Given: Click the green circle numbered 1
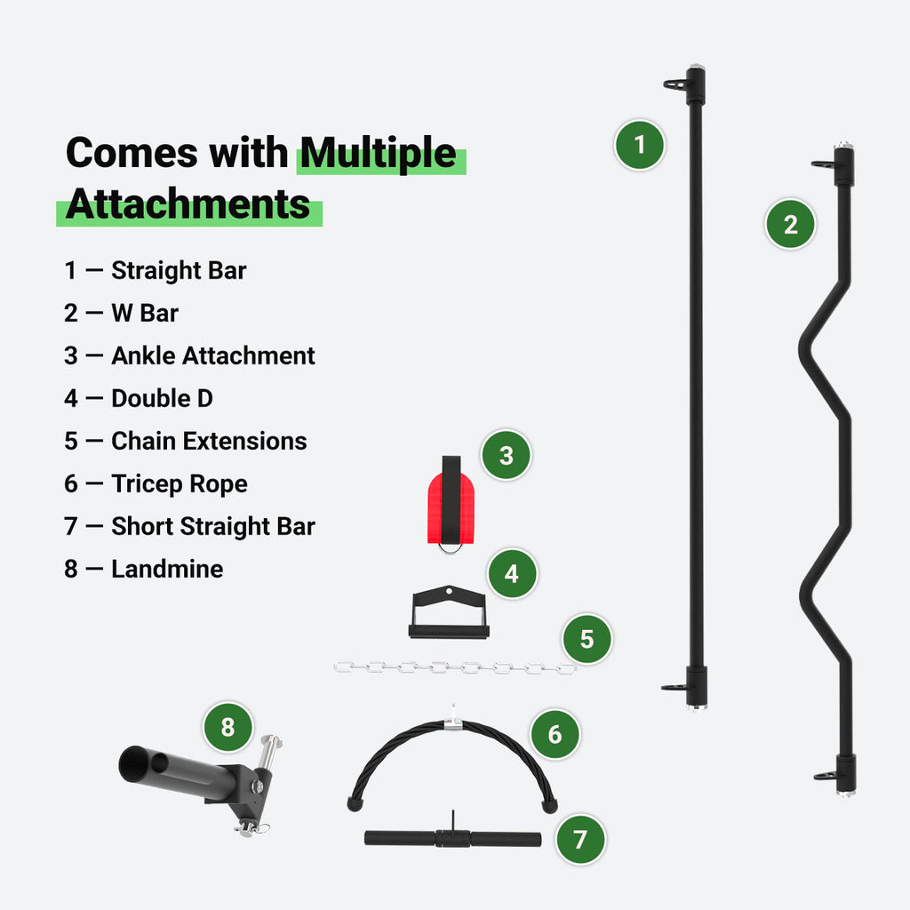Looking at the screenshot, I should point(640,144).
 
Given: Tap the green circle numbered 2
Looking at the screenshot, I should point(791,223).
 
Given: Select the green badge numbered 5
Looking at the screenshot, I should point(587,638).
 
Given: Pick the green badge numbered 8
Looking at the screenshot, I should point(228,728).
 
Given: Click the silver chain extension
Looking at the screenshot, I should point(454,667).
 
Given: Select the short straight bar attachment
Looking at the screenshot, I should point(452,838).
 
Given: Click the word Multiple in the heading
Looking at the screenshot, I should point(379,154).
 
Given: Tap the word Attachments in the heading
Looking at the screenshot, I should point(188,204).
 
